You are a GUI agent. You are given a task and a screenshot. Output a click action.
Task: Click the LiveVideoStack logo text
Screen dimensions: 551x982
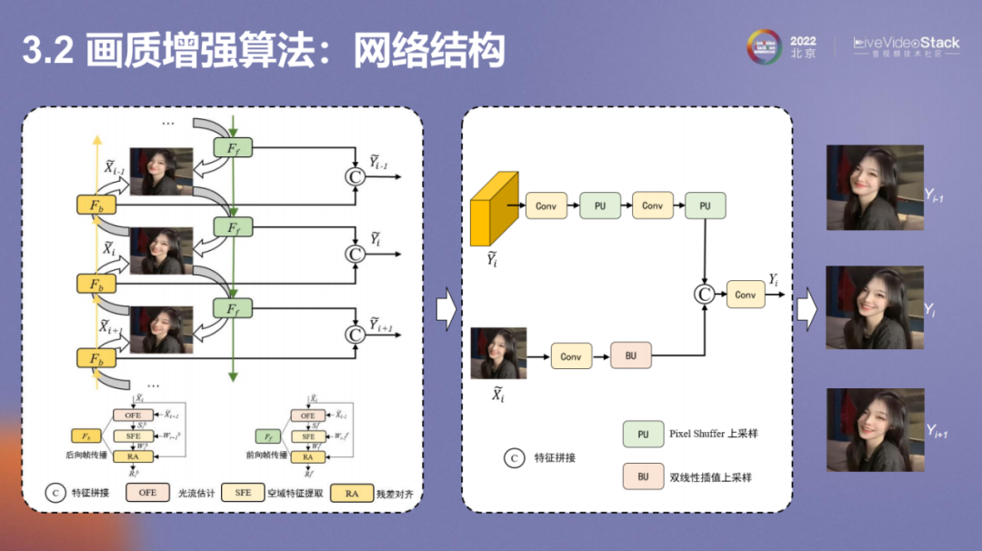point(906,43)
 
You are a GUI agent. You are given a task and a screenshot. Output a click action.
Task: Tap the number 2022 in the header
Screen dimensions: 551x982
point(803,41)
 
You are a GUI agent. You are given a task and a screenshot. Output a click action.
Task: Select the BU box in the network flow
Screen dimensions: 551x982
point(631,356)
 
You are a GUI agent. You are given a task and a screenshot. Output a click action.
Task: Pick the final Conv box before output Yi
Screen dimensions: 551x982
point(746,294)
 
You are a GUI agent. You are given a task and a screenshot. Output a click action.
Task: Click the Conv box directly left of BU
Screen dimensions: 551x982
point(571,356)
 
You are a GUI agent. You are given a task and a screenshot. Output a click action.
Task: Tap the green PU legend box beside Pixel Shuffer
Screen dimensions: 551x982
point(643,434)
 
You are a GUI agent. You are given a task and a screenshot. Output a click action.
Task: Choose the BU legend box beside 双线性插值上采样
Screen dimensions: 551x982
point(643,476)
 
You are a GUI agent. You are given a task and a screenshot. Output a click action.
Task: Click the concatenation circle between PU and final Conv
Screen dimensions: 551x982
point(704,294)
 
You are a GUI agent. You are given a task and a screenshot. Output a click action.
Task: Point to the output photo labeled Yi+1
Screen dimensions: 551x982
point(875,429)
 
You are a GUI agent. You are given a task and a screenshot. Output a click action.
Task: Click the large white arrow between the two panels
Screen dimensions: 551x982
point(446,309)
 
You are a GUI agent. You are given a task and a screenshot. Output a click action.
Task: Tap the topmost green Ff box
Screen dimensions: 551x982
point(233,145)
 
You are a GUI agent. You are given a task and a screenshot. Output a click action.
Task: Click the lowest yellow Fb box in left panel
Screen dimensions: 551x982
point(96,358)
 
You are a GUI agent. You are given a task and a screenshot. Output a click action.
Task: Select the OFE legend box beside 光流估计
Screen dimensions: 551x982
point(147,492)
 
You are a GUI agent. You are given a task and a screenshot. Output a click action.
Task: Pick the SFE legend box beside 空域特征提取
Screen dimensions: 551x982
point(243,492)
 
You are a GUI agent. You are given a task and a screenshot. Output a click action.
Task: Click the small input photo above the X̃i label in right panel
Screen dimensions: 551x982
point(498,353)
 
